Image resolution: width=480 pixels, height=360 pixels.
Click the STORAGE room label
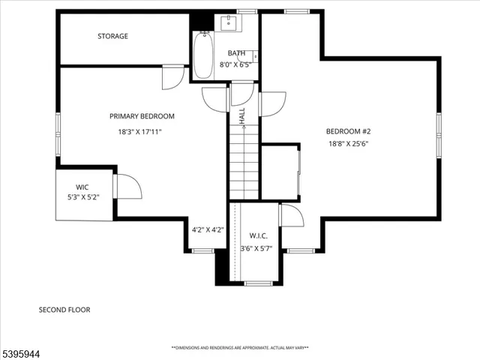pos(112,36)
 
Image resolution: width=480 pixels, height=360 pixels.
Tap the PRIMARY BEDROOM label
pos(142,116)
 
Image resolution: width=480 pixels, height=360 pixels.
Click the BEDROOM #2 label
pos(348,131)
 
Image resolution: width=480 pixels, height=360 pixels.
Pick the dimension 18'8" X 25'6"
pos(348,144)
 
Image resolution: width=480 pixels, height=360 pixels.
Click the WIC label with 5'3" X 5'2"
pos(82,187)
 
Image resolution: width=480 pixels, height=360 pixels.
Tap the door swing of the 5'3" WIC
pos(126,187)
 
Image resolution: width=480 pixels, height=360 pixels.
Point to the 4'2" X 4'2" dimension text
pos(208,229)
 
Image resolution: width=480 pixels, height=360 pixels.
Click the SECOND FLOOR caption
pos(64,309)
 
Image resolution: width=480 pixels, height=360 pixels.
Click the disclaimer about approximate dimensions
pos(240,348)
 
